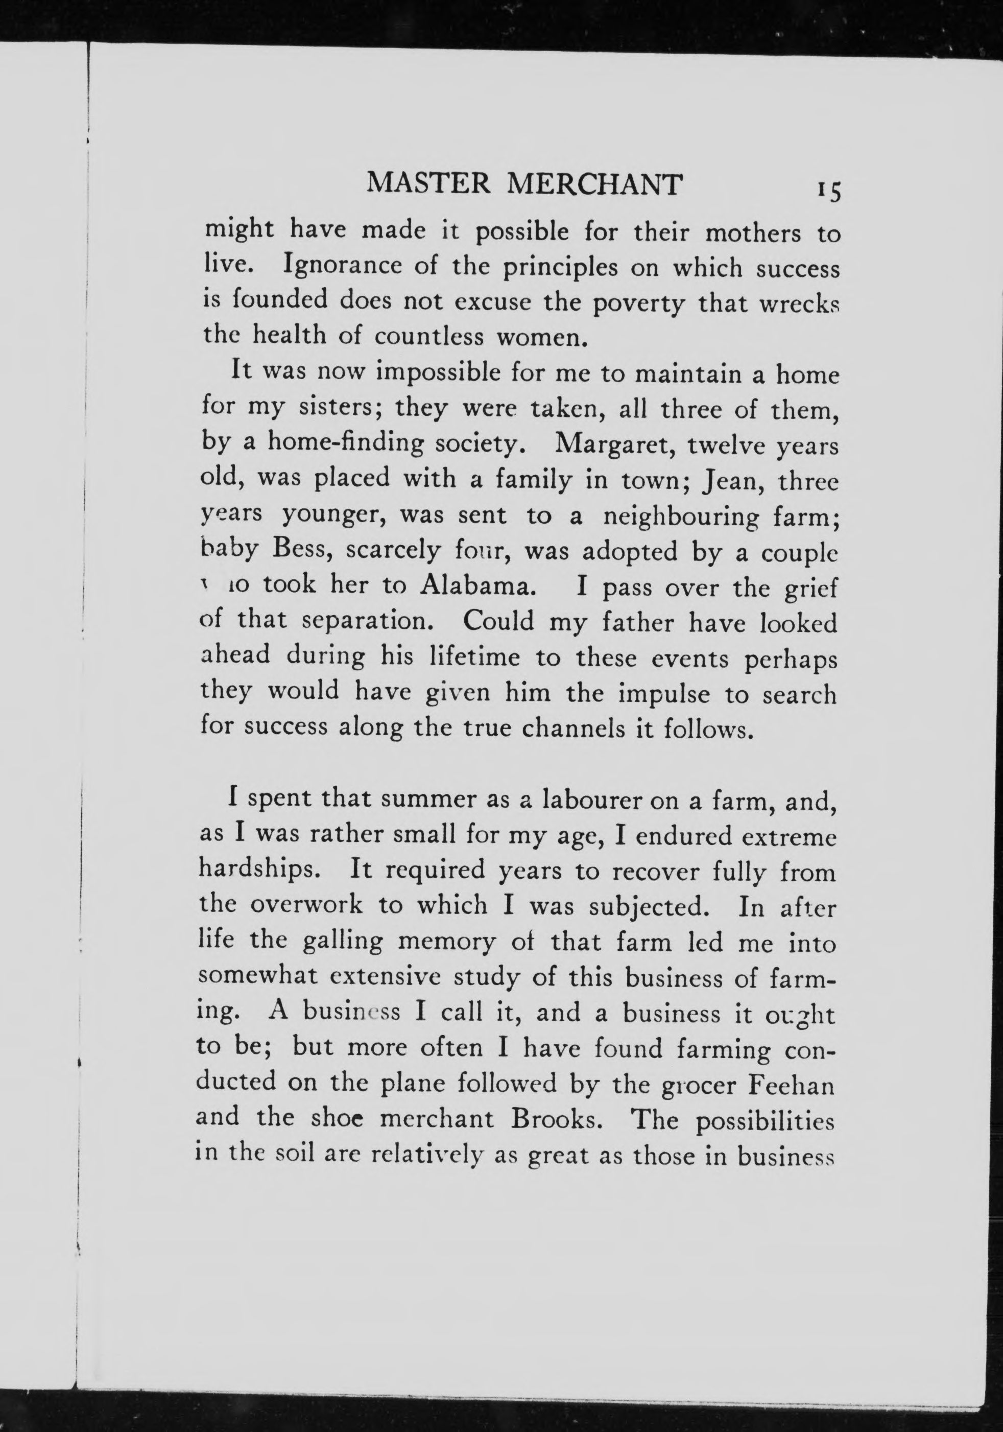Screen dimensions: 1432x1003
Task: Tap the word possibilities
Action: [764, 1122]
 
